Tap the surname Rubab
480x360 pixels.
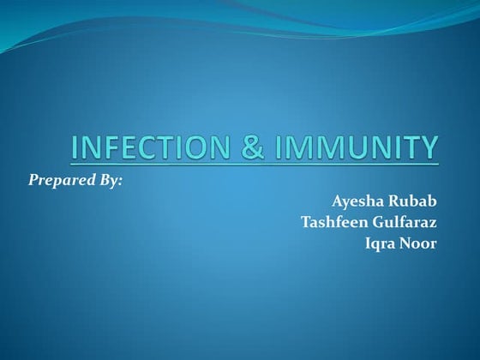tap(412, 202)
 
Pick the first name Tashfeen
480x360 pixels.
tap(334, 223)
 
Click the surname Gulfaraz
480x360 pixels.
tap(404, 223)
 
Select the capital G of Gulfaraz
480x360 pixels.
tap(376, 223)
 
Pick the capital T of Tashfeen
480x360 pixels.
tap(306, 223)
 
